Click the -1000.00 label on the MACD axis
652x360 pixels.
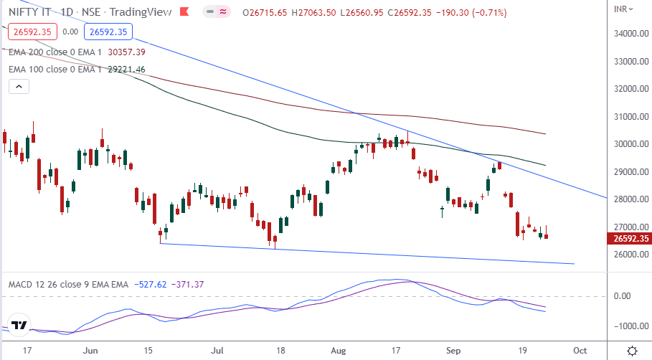[x=629, y=326]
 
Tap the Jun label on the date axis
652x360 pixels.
[x=90, y=350]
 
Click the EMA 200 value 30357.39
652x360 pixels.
[x=127, y=52]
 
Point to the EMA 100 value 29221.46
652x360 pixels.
[x=127, y=70]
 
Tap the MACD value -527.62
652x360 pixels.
[x=151, y=285]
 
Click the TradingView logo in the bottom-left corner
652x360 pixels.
[x=19, y=324]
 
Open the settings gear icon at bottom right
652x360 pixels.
[x=632, y=350]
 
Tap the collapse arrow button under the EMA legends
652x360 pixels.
[x=19, y=87]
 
